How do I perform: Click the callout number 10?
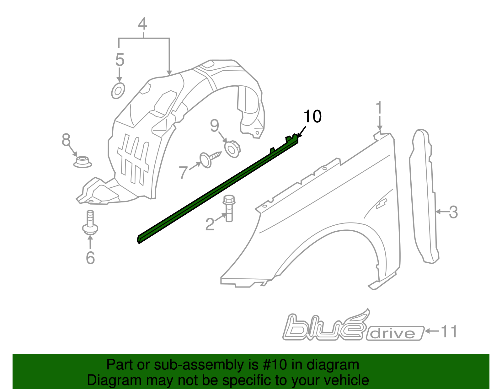(x=312, y=116)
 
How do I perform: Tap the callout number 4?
(x=142, y=24)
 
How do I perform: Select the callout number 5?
(x=120, y=60)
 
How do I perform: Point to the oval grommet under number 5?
(x=118, y=91)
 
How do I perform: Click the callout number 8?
(x=66, y=140)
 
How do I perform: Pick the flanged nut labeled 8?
(x=83, y=162)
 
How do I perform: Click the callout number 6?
(x=90, y=258)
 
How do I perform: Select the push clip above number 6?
(x=90, y=223)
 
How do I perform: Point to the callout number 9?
(x=214, y=126)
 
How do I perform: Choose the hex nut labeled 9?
(x=232, y=148)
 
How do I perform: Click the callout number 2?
(x=210, y=224)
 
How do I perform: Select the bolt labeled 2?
(x=229, y=208)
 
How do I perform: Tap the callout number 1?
(x=379, y=108)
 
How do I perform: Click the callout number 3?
(x=453, y=212)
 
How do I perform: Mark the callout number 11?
(x=449, y=331)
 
